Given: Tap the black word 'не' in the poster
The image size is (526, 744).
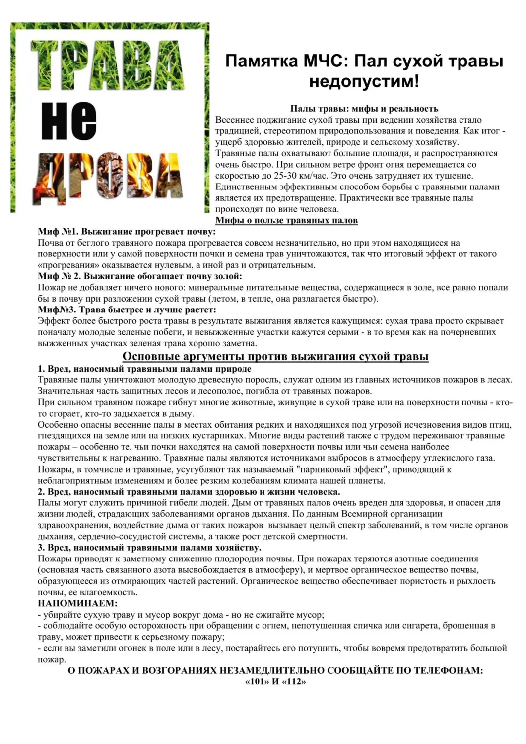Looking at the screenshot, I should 69,122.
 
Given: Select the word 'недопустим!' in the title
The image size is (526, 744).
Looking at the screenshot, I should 364,81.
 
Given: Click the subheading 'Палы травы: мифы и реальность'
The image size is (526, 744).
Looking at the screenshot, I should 364,109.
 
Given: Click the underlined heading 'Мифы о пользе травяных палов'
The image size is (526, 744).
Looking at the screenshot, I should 286,220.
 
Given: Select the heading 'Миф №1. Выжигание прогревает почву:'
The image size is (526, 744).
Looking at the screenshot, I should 127,232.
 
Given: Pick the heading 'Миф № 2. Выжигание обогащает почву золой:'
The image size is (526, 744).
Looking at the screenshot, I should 140,276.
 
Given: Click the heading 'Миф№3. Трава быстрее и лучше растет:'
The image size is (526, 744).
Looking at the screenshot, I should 127,310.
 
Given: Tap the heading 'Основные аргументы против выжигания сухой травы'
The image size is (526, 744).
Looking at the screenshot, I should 275,356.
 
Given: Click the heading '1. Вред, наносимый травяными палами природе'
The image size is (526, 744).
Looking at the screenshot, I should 144,369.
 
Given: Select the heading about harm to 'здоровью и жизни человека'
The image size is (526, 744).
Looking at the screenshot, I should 189,492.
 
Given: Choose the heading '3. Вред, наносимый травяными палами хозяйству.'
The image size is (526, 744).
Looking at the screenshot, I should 149,548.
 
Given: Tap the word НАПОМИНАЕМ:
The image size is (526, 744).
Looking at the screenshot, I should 77,603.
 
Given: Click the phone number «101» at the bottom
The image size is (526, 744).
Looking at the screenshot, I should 257,682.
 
